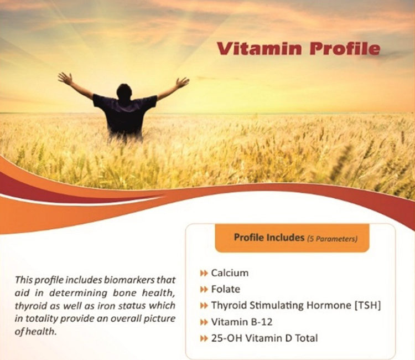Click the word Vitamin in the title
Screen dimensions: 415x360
coord(260,49)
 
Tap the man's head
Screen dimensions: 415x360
coord(124,92)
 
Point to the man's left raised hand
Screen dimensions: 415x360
coord(65,78)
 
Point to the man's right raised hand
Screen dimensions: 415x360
coord(183,83)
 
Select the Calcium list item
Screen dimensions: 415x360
coord(230,273)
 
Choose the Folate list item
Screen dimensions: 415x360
coord(226,289)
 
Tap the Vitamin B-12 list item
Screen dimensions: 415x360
coord(242,322)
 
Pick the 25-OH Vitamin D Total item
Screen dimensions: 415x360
coord(264,338)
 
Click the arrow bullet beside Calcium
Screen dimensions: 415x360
coord(204,274)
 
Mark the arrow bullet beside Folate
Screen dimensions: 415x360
coord(204,290)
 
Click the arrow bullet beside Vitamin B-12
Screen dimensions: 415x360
coord(204,322)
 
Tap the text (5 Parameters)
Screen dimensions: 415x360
coord(332,239)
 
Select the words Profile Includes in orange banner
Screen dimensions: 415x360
coord(269,237)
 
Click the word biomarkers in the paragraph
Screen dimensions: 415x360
coord(128,280)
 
